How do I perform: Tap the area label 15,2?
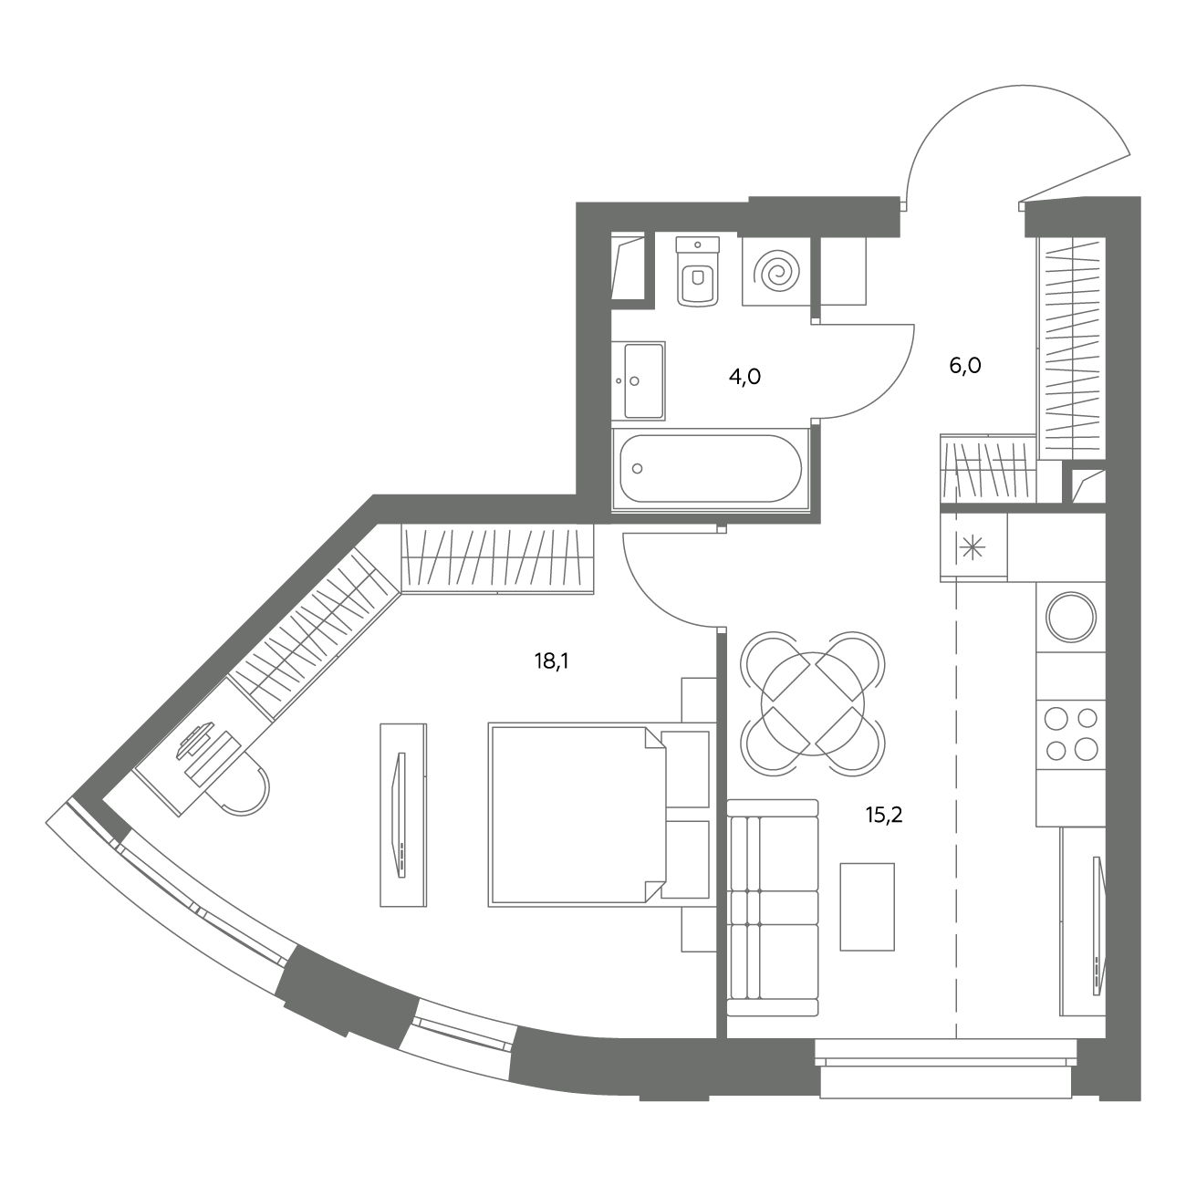tap(884, 816)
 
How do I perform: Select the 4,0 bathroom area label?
tap(744, 377)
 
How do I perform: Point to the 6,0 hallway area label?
tap(965, 366)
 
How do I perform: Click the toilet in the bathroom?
tap(697, 271)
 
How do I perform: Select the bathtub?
tap(711, 469)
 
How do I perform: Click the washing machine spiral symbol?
tap(780, 272)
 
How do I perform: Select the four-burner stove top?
tap(1072, 733)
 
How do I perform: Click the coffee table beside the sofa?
tap(868, 907)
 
